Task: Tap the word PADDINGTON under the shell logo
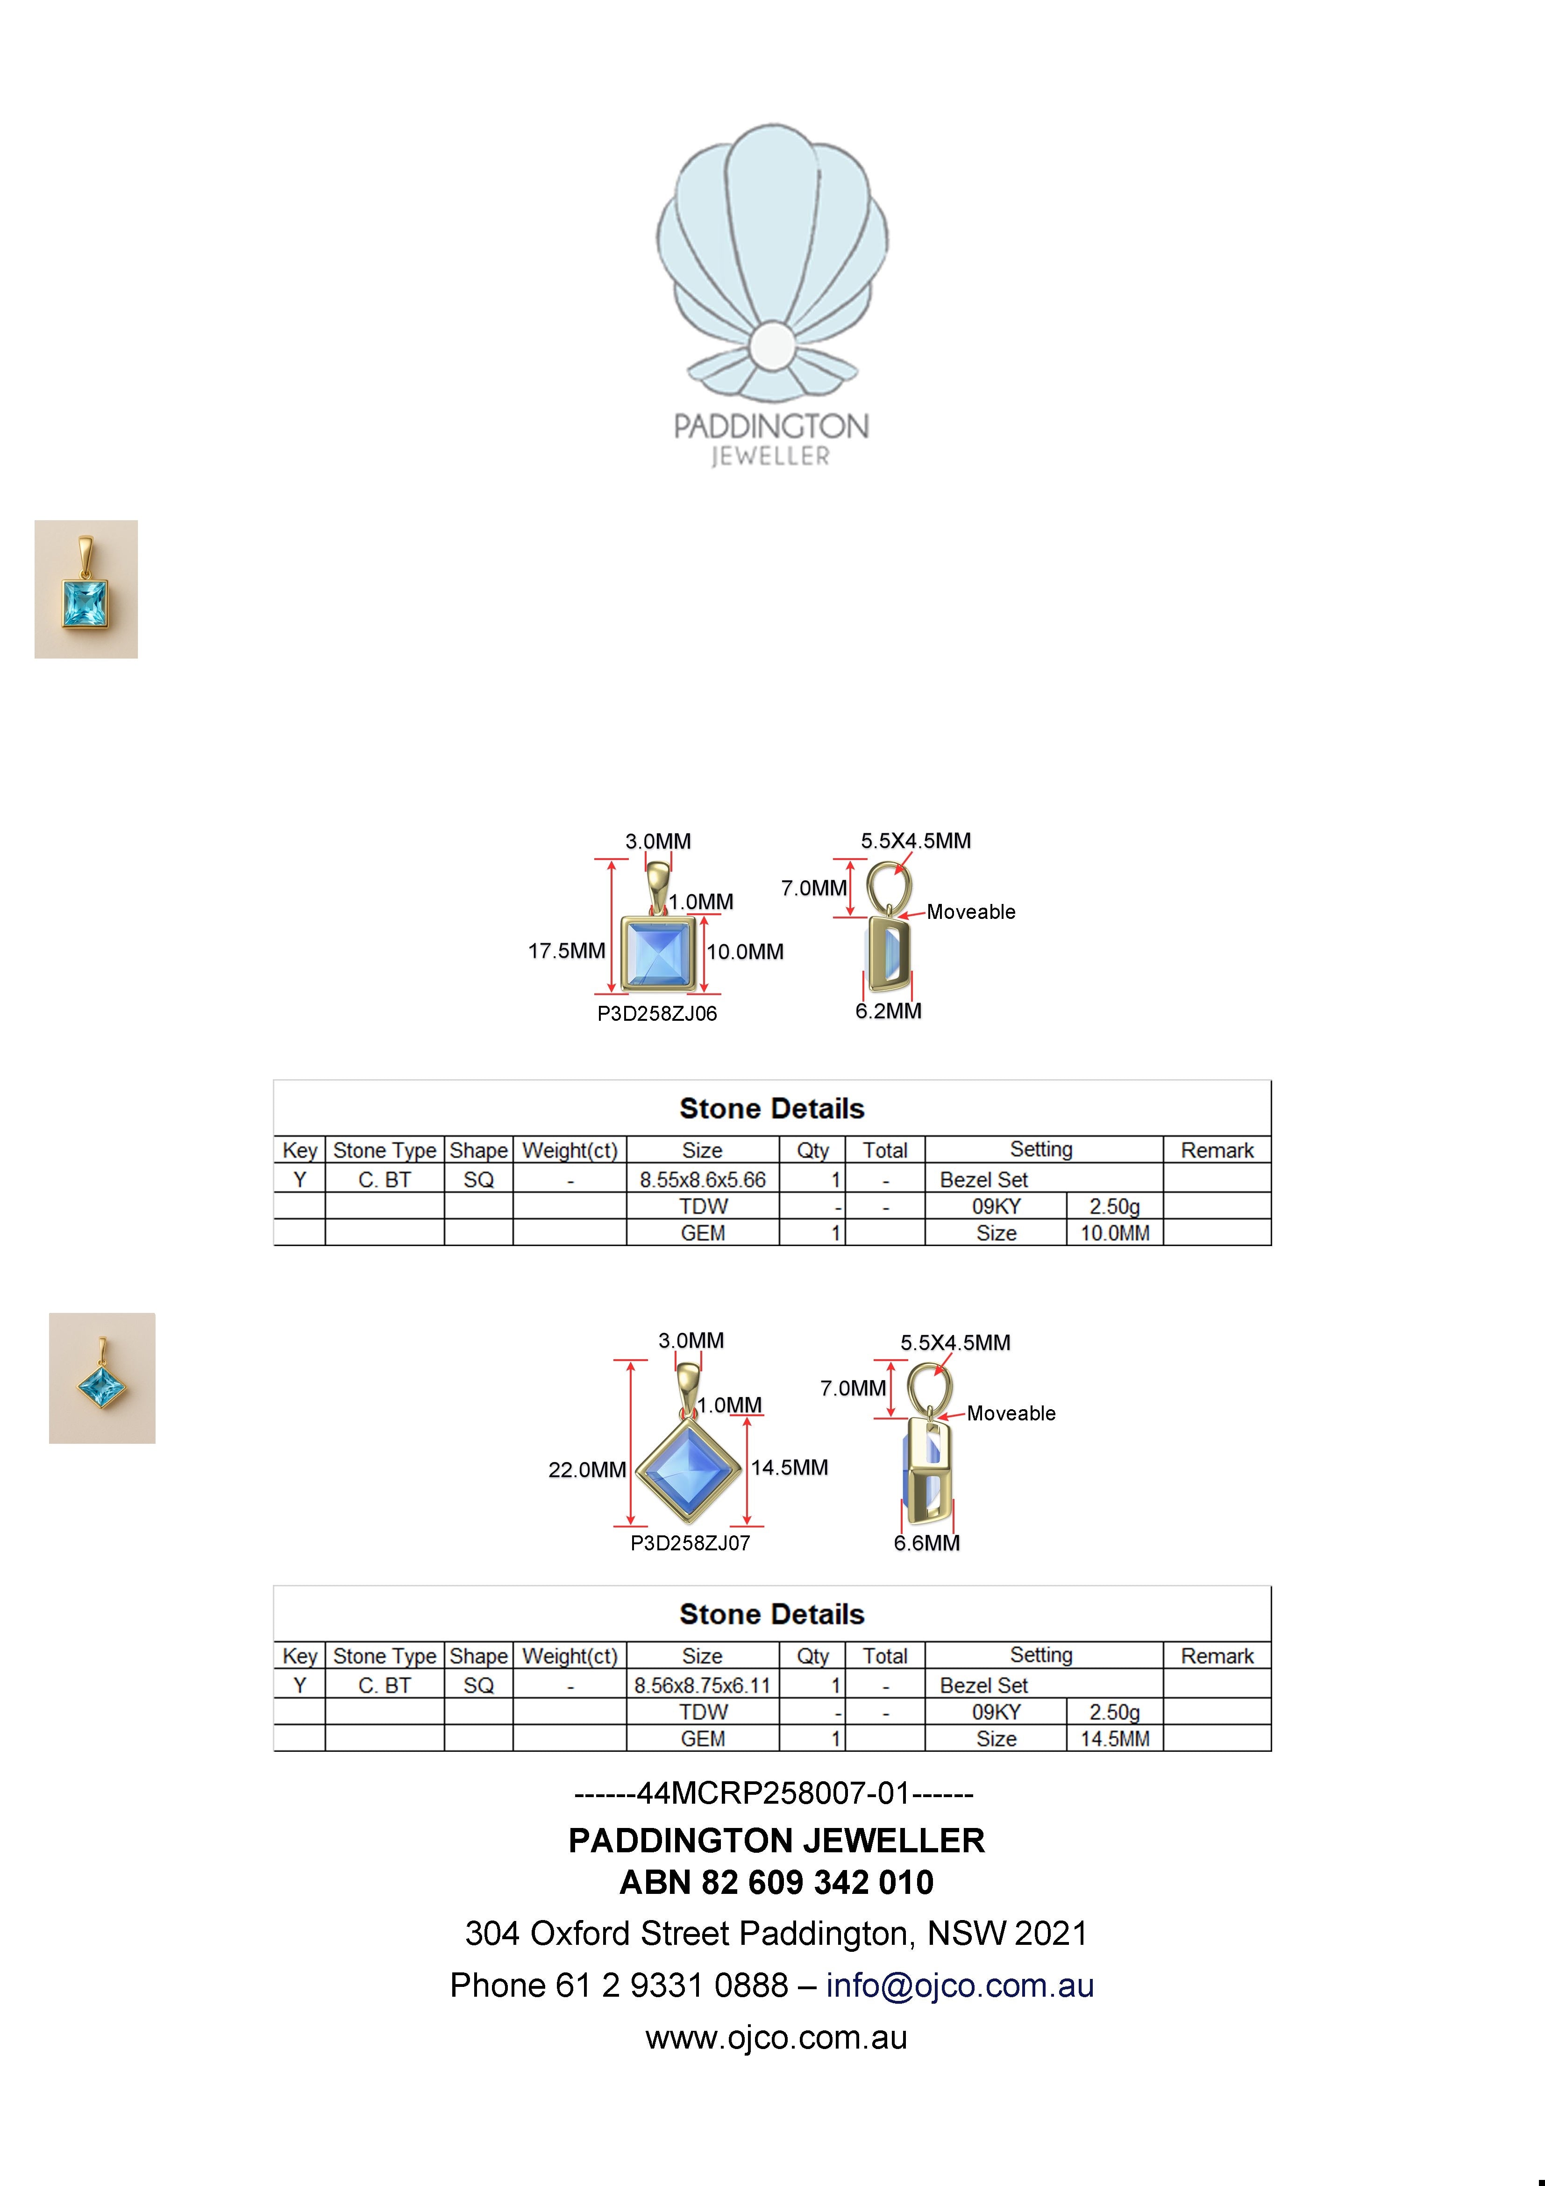click(x=771, y=427)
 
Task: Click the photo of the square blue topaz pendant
click(x=85, y=589)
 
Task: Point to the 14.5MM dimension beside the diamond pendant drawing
click(x=789, y=1467)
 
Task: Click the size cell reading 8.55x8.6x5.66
click(x=703, y=1180)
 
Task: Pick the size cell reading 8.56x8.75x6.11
click(x=703, y=1685)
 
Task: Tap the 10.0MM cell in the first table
click(x=1115, y=1233)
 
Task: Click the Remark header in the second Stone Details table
click(x=1217, y=1656)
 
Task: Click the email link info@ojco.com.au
click(x=960, y=1985)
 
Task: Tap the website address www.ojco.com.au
click(x=776, y=2037)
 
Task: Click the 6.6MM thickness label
click(x=926, y=1542)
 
